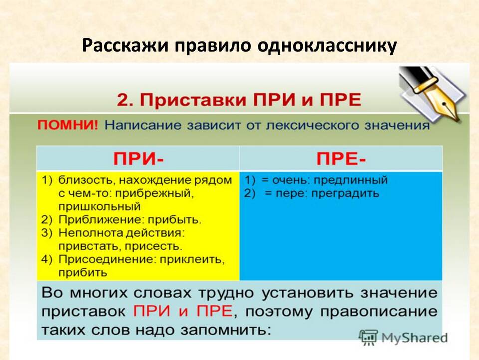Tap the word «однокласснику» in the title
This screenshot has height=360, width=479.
coord(327,46)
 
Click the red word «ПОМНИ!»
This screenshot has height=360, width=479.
coord(68,125)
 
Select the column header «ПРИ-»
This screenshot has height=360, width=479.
coord(138,159)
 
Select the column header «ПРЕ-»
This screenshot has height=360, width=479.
coord(341,159)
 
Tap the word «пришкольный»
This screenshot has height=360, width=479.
coord(100,207)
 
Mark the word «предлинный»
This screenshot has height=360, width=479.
coord(351,180)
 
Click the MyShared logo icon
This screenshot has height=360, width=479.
coord(368,338)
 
